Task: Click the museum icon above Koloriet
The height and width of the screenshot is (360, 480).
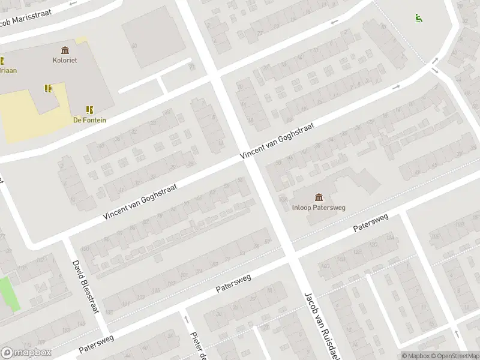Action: click(65, 50)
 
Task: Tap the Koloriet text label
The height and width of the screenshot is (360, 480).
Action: click(65, 60)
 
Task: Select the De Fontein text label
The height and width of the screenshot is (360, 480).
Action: click(89, 120)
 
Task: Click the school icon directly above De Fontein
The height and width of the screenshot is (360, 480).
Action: click(89, 109)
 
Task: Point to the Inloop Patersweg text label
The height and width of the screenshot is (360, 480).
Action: click(319, 208)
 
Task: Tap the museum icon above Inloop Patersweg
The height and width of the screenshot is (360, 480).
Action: click(319, 197)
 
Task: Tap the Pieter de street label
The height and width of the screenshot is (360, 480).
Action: click(199, 346)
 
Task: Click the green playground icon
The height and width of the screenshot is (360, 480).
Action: click(418, 18)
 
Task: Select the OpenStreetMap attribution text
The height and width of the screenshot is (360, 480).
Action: click(454, 356)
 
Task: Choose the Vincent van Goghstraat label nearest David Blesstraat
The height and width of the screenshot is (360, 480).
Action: click(140, 201)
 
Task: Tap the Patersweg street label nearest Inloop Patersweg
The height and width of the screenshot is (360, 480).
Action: click(371, 223)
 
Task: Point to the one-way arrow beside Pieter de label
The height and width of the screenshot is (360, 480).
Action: click(186, 320)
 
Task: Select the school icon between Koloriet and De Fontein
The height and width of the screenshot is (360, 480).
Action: click(48, 88)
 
